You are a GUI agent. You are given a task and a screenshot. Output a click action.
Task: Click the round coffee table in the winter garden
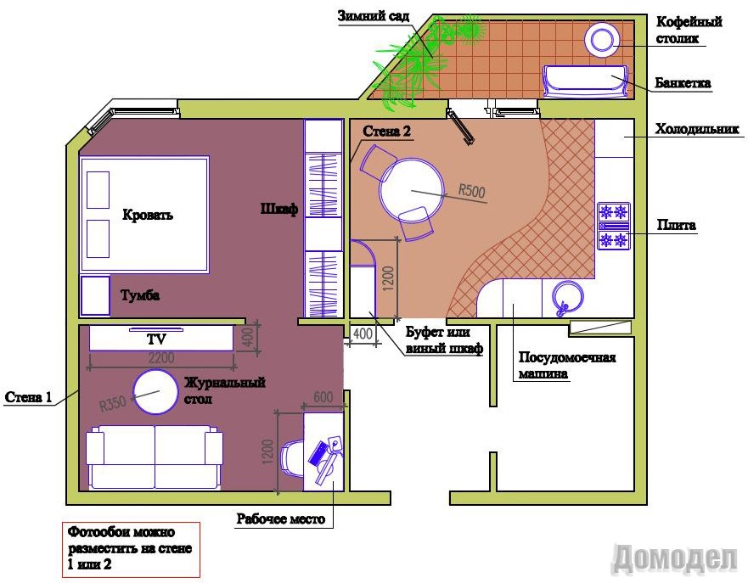(602, 40)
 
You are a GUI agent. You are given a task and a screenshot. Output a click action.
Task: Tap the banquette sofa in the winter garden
(585, 82)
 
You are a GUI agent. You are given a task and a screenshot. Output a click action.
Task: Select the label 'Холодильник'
(697, 129)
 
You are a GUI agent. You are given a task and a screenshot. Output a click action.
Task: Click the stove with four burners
(614, 226)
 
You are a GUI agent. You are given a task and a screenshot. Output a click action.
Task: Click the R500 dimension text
(472, 191)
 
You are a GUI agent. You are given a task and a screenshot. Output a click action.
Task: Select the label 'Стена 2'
(386, 131)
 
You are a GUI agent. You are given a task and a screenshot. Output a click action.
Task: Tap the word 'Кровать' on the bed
(148, 215)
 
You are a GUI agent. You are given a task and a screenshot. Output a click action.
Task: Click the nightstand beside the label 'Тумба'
(95, 295)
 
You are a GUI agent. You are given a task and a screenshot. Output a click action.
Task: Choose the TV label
(156, 339)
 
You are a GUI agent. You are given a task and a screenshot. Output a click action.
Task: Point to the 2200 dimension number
(161, 357)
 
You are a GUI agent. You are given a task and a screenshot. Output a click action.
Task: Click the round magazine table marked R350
(155, 392)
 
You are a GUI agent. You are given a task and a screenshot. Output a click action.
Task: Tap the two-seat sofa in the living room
(155, 457)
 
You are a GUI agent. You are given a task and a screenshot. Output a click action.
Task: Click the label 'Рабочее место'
(281, 519)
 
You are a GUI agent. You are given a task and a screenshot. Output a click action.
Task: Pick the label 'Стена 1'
(28, 397)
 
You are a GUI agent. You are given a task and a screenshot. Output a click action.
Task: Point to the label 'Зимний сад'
(374, 16)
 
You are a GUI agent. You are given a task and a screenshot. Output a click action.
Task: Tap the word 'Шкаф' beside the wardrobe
(279, 209)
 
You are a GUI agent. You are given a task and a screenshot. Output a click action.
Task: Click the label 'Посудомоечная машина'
(566, 365)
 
